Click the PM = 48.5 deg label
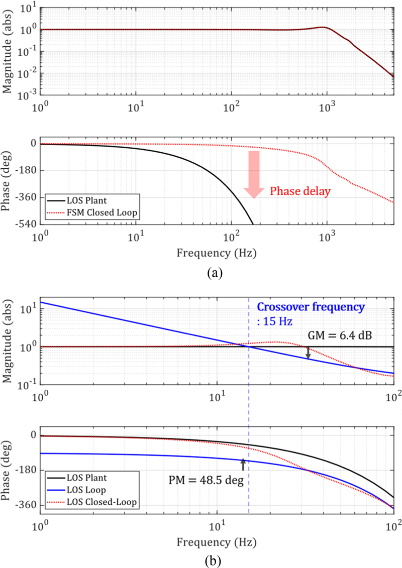[206, 481]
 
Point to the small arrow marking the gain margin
[308, 353]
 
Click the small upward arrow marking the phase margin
[243, 464]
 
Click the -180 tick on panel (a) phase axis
[27, 170]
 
